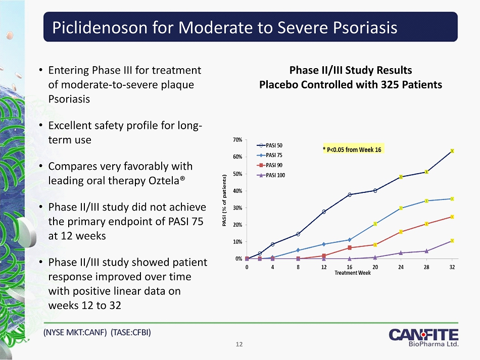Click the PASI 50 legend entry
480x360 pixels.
(270, 145)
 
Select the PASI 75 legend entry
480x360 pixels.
(270, 155)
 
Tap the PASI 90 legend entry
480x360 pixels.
(270, 165)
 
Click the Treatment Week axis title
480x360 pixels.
(353, 273)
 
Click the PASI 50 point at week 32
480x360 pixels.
(452, 151)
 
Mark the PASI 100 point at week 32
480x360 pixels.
(452, 241)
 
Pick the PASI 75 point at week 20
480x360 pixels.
(375, 224)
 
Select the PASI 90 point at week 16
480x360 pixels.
(349, 247)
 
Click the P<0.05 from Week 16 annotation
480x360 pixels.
(352, 149)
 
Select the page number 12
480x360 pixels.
(239, 344)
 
